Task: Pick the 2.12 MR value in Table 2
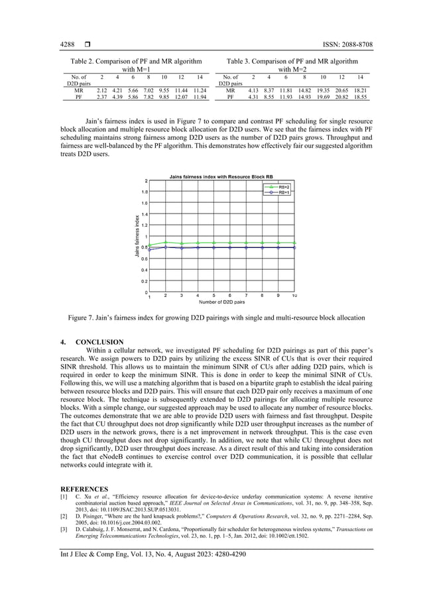pyautogui.click(x=102, y=90)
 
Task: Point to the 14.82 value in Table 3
pyautogui.click(x=304, y=90)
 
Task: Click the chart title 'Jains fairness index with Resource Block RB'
pyautogui.click(x=221, y=177)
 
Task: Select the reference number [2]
pyautogui.click(x=64, y=514)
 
